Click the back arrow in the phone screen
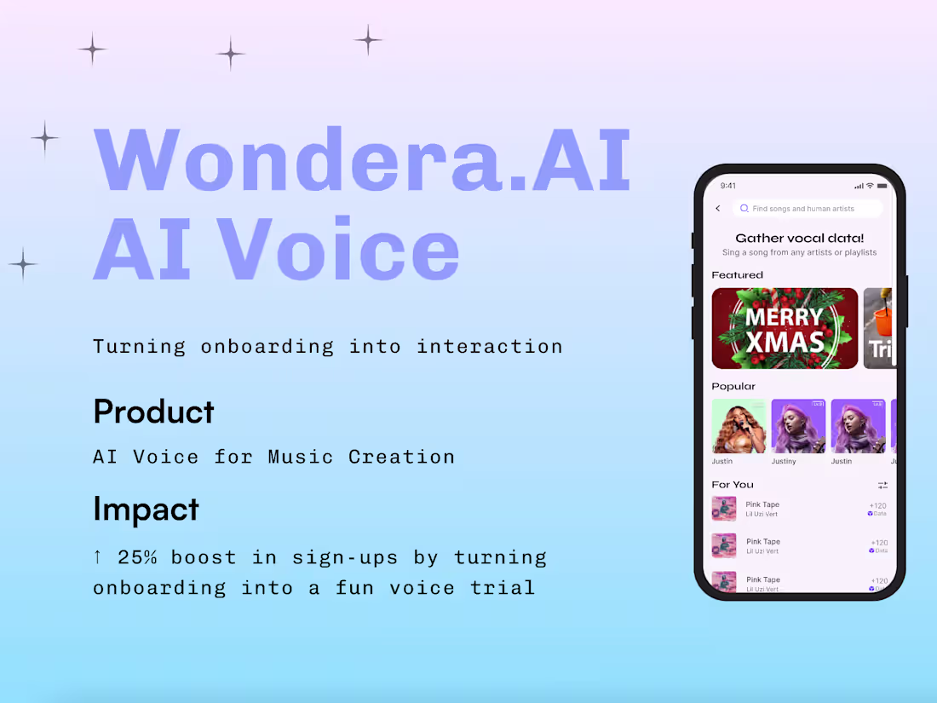718,209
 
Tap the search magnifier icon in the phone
744,209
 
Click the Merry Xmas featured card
785,328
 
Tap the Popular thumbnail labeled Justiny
798,426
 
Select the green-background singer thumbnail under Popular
739,426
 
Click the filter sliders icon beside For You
882,485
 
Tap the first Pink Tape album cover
724,509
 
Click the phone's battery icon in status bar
882,186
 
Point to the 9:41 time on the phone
728,186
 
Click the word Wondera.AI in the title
362,159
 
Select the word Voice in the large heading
341,250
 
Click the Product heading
153,412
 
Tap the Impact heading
146,509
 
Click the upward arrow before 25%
97,557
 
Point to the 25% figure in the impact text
136,557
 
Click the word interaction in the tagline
489,346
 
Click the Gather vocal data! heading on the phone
799,239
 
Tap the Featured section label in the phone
737,275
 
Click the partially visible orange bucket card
880,328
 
